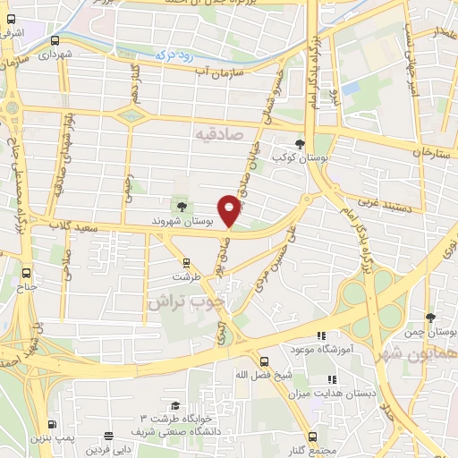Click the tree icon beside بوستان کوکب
(x=300, y=143)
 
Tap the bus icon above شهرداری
(x=56, y=40)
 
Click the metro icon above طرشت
(x=186, y=263)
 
